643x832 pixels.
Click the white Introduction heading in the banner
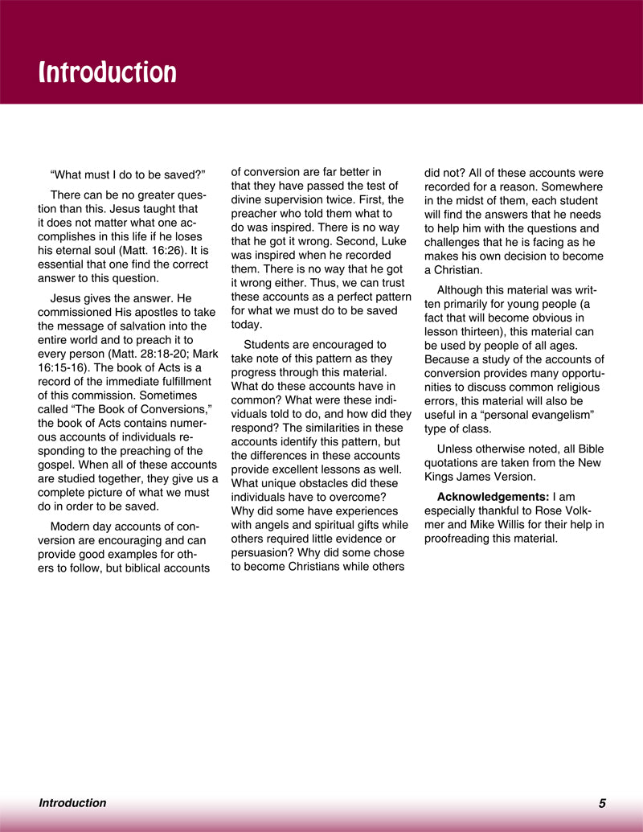[x=108, y=72]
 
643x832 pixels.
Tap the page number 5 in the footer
[x=602, y=802]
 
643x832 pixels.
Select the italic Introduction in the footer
[x=72, y=802]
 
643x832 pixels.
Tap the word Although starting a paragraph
[x=464, y=289]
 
